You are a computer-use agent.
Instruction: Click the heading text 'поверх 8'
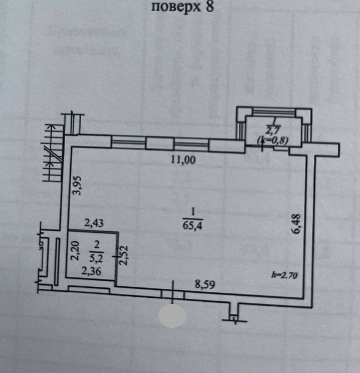point(182,7)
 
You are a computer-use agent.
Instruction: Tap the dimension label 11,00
point(184,161)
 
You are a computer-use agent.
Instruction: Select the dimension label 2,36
point(92,272)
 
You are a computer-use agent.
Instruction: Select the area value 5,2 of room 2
point(96,257)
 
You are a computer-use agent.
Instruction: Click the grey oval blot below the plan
point(172,316)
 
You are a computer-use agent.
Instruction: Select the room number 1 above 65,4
point(192,212)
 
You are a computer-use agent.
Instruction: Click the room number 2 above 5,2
point(96,244)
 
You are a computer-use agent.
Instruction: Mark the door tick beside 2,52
point(116,256)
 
